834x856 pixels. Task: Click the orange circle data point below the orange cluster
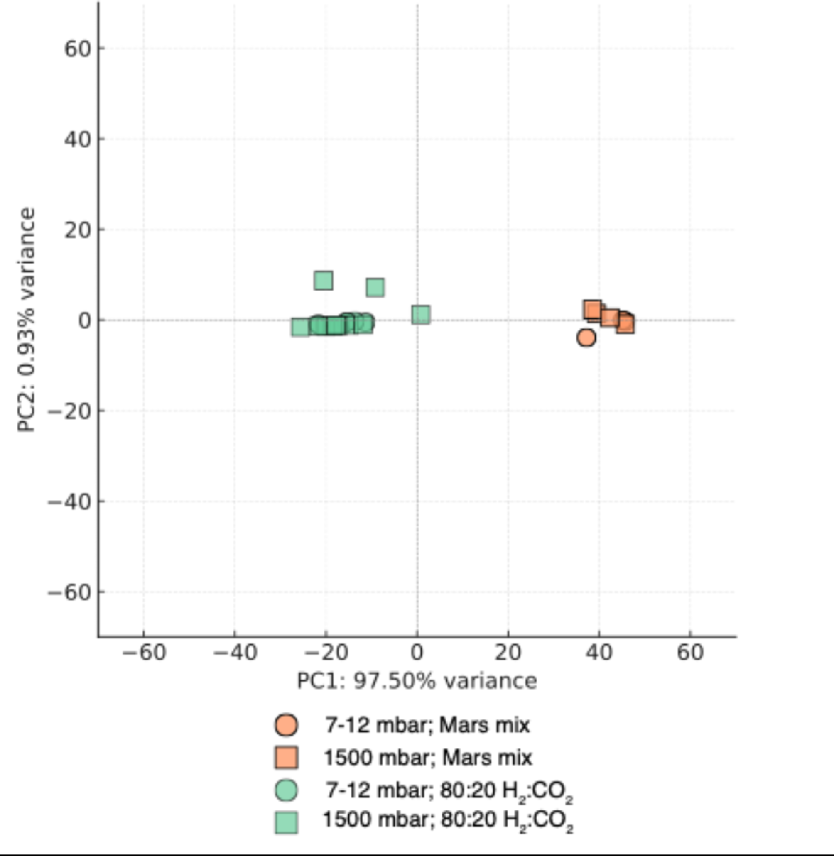(x=586, y=338)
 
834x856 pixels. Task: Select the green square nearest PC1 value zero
(x=421, y=315)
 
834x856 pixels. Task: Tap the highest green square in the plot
(x=324, y=280)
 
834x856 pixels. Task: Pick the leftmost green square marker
(x=300, y=327)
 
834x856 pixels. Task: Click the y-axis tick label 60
(x=78, y=49)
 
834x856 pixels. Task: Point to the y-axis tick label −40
(x=70, y=502)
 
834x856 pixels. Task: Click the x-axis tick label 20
(x=508, y=653)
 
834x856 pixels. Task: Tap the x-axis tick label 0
(x=417, y=653)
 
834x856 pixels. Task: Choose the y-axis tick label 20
(x=78, y=230)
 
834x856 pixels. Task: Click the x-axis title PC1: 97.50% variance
(x=417, y=681)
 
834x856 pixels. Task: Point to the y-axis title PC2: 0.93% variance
(x=26, y=320)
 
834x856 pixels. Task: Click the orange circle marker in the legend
(x=287, y=725)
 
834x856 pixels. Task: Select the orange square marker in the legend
(x=287, y=758)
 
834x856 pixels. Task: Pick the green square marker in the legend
(x=287, y=822)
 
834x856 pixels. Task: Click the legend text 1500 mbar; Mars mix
(x=428, y=758)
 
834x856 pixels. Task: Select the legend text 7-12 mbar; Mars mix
(x=427, y=725)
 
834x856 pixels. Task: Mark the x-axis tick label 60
(x=690, y=653)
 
